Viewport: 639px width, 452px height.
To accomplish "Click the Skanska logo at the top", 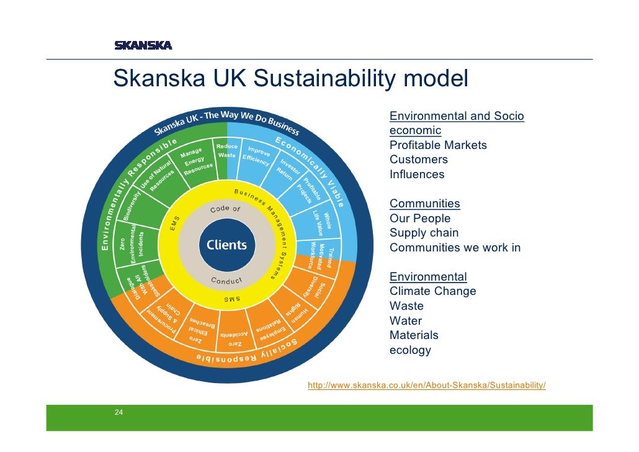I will coord(143,45).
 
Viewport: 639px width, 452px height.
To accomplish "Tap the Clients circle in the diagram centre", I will coord(226,245).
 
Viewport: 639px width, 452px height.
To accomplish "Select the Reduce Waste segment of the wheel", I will coord(226,151).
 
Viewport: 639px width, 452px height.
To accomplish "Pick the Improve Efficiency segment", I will coord(257,155).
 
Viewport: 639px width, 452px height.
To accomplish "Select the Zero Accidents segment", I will coord(235,338).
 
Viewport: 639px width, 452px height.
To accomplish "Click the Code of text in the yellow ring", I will coord(225,209).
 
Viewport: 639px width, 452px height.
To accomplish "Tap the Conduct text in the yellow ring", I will coord(226,281).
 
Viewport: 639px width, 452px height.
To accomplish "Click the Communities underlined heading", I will coord(424,204).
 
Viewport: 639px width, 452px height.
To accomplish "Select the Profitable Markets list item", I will coord(438,145).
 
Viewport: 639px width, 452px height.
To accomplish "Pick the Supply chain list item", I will coord(424,233).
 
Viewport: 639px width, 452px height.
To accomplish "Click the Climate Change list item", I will coord(432,291).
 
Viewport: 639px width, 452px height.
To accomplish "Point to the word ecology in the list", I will coord(410,350).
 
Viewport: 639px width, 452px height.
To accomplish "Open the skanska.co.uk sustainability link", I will coord(427,386).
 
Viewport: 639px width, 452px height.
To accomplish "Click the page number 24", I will coord(118,412).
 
